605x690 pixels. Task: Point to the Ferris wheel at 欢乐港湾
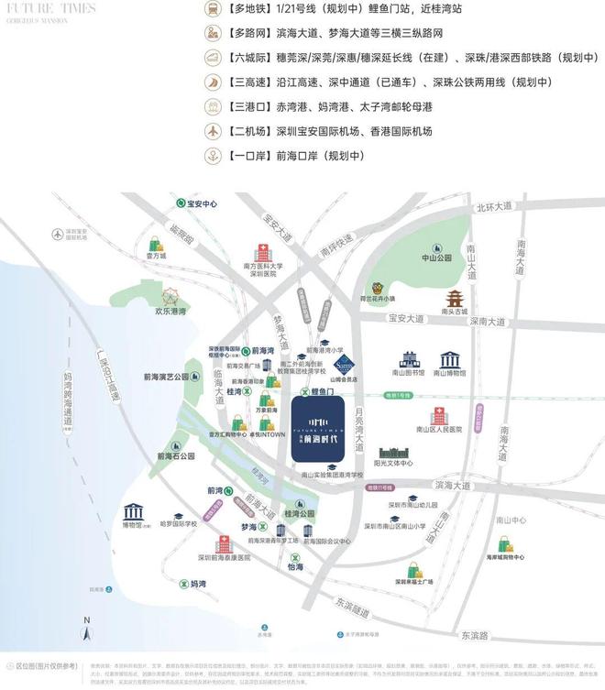click(x=170, y=297)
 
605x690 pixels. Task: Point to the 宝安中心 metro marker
click(x=181, y=204)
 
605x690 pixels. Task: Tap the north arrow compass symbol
click(x=85, y=629)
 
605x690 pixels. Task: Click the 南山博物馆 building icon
click(x=450, y=359)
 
